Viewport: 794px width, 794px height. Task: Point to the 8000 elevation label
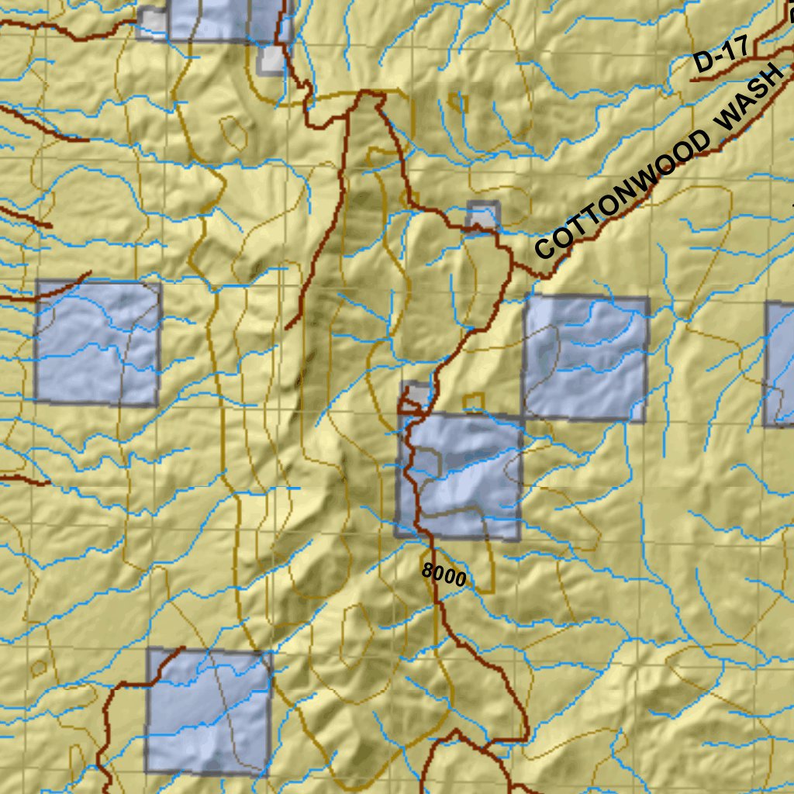pyautogui.click(x=444, y=575)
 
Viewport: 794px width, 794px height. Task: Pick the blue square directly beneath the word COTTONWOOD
pyautogui.click(x=585, y=358)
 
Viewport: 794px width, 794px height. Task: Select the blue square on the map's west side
pyautogui.click(x=98, y=343)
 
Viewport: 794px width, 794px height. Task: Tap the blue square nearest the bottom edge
pyautogui.click(x=209, y=712)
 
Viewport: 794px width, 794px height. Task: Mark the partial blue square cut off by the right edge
pyautogui.click(x=779, y=364)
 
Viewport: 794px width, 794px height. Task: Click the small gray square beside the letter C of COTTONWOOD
pyautogui.click(x=483, y=216)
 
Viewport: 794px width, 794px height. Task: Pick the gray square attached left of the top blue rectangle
pyautogui.click(x=152, y=22)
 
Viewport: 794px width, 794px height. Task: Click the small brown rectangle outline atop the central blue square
pyautogui.click(x=474, y=402)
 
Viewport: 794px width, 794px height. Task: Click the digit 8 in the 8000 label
pyautogui.click(x=427, y=571)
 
